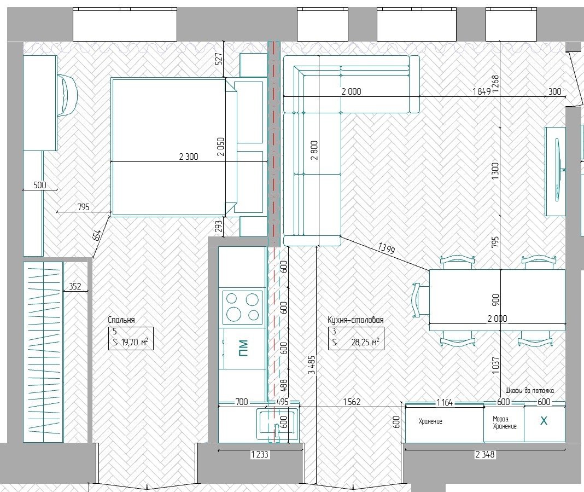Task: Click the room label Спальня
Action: click(x=121, y=320)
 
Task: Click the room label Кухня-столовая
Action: click(x=355, y=320)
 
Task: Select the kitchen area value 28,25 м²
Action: click(x=365, y=342)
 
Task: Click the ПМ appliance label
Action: click(x=243, y=348)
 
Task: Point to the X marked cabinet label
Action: click(x=544, y=421)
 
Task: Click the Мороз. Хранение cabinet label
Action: click(x=504, y=422)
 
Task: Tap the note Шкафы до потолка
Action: click(x=530, y=391)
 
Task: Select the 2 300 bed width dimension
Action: click(x=189, y=157)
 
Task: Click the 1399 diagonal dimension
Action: click(x=386, y=248)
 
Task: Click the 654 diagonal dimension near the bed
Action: click(x=96, y=235)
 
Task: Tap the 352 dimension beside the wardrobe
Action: click(x=75, y=286)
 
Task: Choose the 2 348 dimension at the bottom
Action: click(x=485, y=454)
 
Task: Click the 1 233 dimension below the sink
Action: click(x=260, y=454)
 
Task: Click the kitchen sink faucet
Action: click(x=276, y=430)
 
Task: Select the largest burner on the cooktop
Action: click(x=233, y=314)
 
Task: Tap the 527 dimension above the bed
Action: click(x=219, y=59)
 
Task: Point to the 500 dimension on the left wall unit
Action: click(x=40, y=185)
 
